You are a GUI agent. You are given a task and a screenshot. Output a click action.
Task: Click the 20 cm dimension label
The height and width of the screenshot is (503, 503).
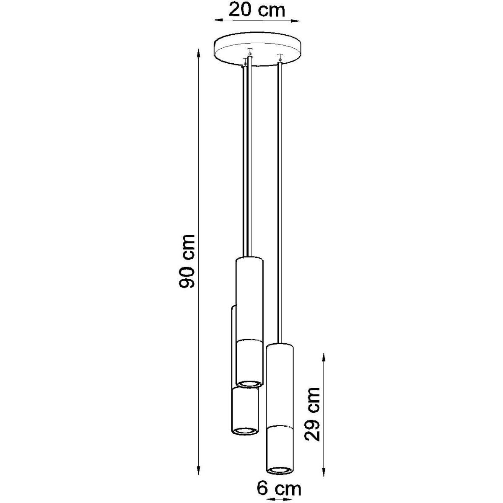(257, 10)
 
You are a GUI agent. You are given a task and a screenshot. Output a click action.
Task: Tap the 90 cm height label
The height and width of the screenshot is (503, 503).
(187, 261)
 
